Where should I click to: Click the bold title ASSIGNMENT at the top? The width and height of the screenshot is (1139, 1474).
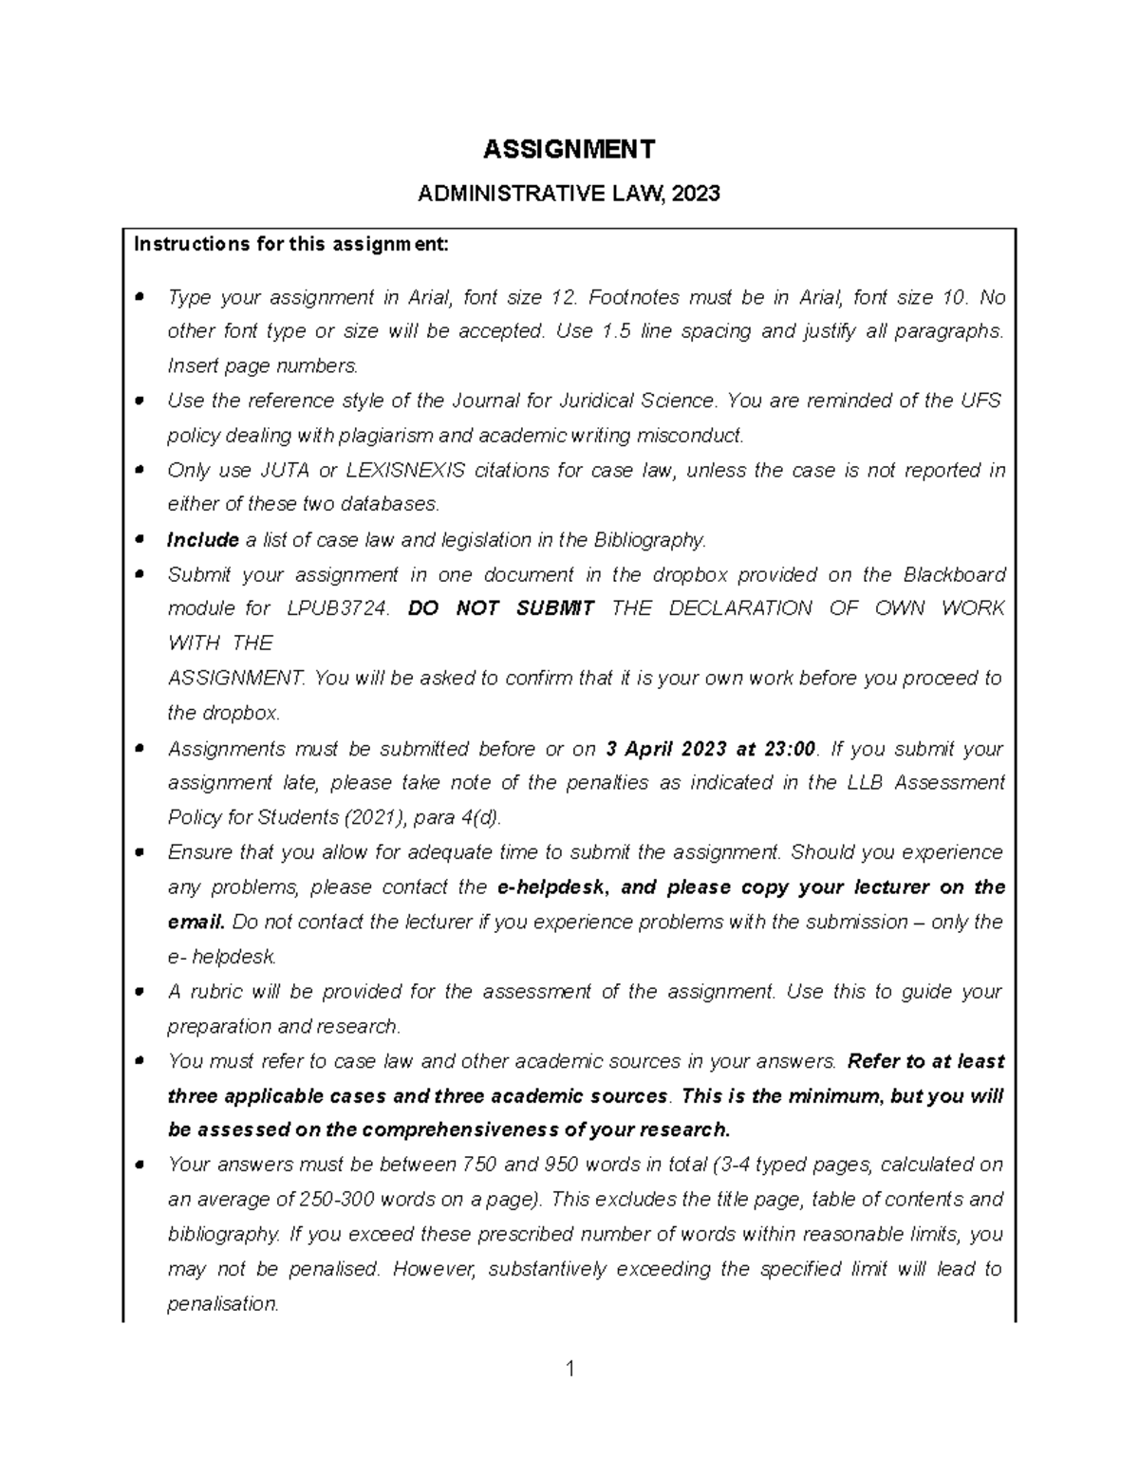569,149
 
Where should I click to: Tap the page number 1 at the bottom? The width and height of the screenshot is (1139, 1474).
569,1369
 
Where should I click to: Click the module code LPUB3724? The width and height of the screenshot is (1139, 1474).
337,608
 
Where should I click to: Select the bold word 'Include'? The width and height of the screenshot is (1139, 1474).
202,540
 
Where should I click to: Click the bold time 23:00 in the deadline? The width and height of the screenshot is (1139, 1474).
789,749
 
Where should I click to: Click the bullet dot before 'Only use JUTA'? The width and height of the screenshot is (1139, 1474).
140,470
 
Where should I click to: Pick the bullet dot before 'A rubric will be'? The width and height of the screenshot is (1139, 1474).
140,991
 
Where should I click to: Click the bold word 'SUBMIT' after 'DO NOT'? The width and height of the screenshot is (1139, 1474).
554,608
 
